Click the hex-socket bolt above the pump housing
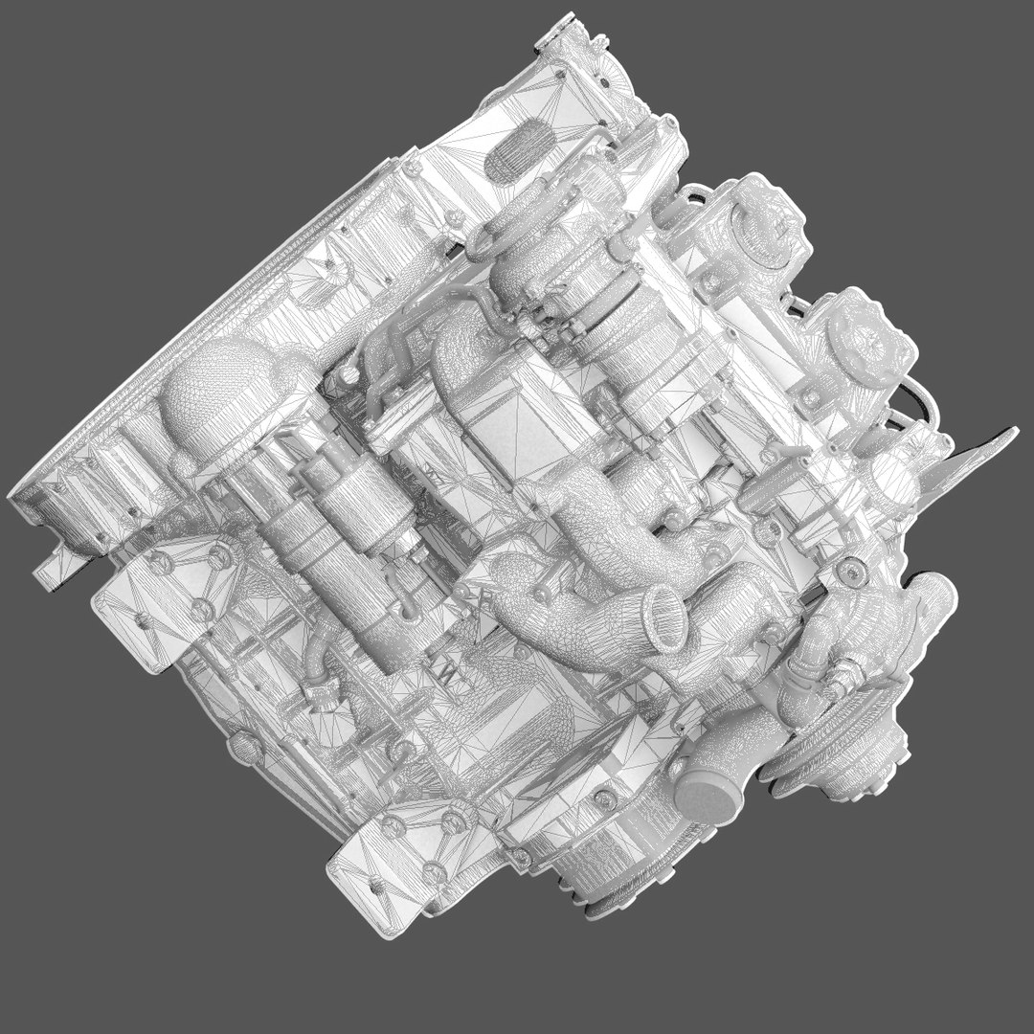point(851,573)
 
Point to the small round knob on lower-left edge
point(238,742)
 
